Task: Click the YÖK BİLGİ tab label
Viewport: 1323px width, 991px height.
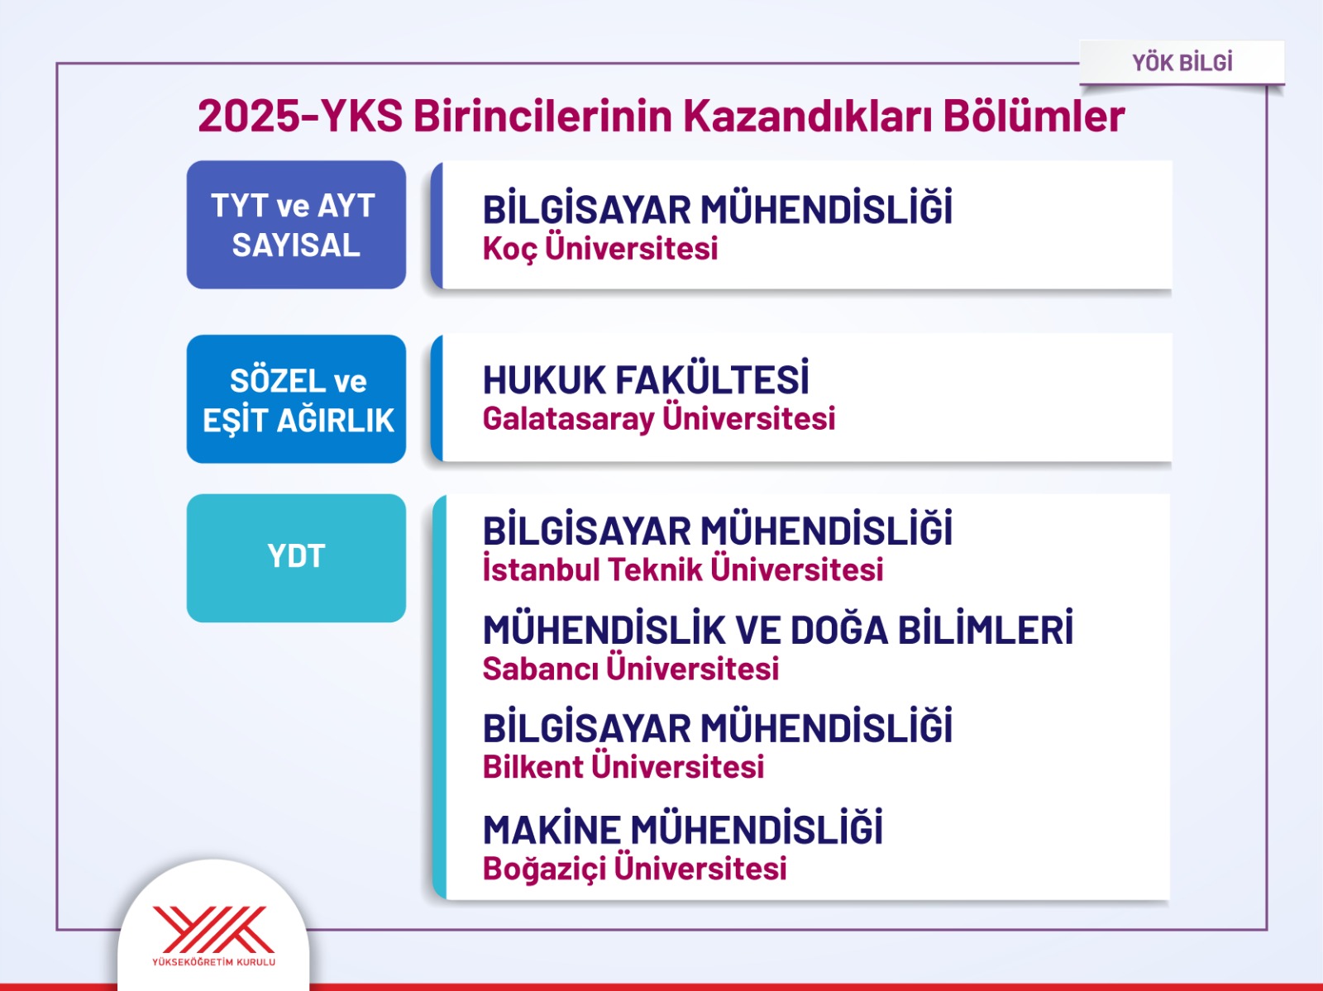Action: [1182, 63]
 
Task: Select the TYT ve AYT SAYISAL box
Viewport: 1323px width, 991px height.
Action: [296, 225]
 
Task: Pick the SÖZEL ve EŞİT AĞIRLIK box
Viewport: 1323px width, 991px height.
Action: [296, 399]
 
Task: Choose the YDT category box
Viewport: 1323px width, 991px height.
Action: [296, 558]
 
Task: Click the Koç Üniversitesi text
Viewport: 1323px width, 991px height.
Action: [600, 248]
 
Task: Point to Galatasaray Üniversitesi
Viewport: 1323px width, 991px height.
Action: [659, 418]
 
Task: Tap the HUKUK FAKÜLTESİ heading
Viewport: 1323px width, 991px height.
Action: [646, 379]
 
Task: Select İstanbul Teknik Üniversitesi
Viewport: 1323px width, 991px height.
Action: [683, 569]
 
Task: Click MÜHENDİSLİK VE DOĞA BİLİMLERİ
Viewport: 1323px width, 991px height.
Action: [778, 628]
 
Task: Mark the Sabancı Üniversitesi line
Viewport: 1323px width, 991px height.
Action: [631, 668]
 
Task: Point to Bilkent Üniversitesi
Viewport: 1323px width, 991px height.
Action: [623, 766]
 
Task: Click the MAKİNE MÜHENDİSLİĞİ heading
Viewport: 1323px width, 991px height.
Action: [683, 828]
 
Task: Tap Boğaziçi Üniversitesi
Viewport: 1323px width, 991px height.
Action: [635, 869]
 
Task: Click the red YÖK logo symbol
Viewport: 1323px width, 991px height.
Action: [213, 929]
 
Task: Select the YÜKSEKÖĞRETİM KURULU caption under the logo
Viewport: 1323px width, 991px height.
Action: [213, 961]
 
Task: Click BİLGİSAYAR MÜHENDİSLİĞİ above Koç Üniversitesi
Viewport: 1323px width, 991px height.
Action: [717, 207]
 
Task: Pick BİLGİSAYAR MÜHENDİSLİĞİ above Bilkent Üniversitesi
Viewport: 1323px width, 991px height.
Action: [717, 727]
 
